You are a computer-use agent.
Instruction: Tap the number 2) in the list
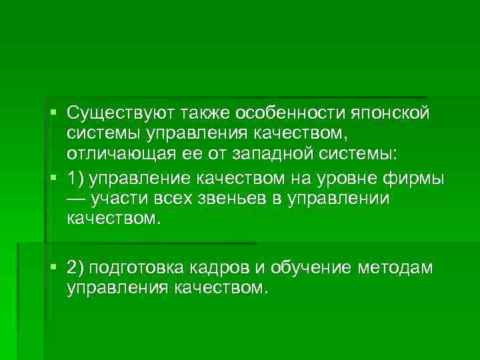pos(75,268)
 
